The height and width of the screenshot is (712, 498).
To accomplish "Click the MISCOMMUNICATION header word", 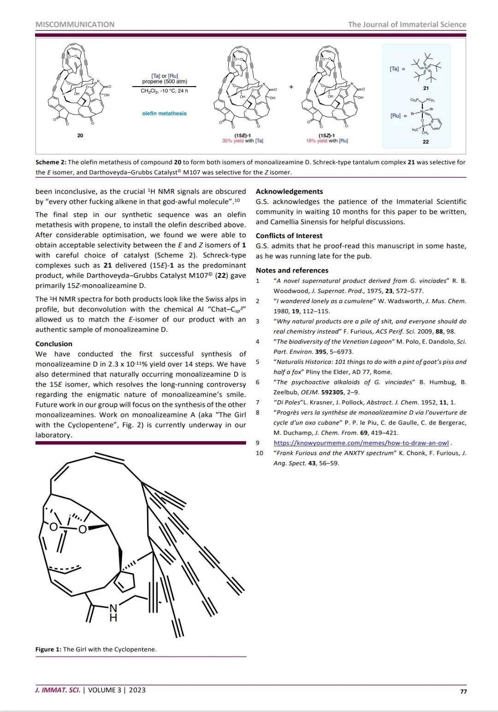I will point(75,24).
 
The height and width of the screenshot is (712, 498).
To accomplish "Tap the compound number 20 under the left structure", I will point(80,135).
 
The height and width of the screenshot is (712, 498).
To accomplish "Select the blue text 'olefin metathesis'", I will point(164,113).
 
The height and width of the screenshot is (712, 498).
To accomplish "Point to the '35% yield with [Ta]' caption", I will point(243,140).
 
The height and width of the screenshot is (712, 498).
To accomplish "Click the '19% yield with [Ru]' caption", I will point(326,140).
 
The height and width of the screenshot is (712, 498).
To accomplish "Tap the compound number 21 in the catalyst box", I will point(426,88).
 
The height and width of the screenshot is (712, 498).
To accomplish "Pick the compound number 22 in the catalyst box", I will point(426,142).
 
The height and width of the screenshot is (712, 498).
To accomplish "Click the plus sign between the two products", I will point(291,87).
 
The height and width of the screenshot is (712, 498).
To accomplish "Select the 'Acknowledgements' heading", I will point(289,192).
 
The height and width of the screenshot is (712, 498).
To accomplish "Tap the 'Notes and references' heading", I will point(292,270).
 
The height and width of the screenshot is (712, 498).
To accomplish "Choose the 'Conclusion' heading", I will point(54,344).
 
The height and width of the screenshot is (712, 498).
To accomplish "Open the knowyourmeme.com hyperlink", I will point(361,443).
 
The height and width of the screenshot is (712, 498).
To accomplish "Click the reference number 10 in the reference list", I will point(260,453).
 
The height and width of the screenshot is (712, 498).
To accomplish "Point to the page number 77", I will point(463,691).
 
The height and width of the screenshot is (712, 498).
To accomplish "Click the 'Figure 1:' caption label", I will point(48,649).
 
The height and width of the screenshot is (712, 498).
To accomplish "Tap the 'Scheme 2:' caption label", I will point(51,162).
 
